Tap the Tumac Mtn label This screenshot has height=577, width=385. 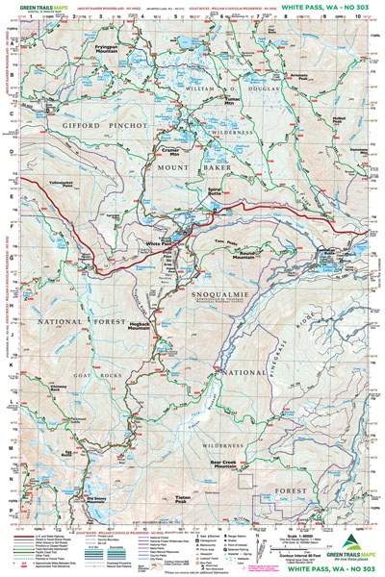pos(232,101)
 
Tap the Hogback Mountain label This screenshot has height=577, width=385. pos(141,328)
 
